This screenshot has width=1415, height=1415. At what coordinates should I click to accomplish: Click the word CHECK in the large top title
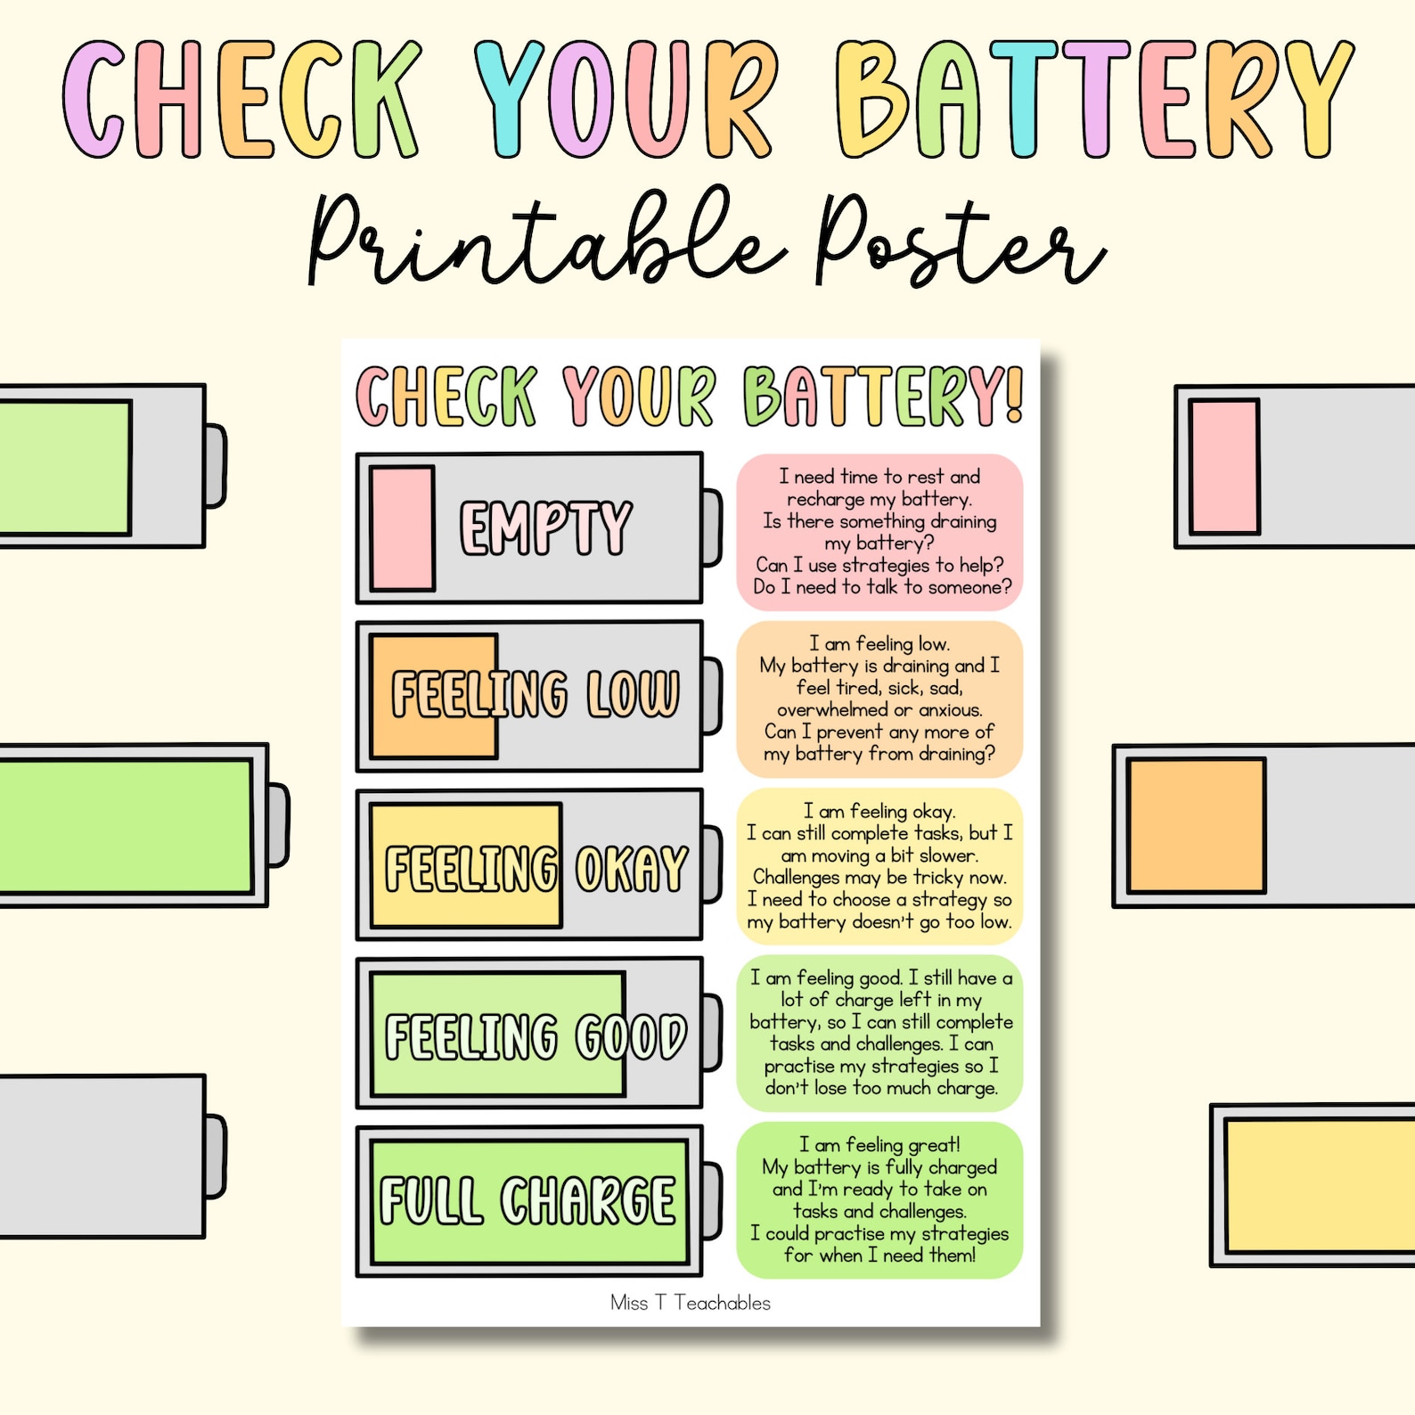point(241,100)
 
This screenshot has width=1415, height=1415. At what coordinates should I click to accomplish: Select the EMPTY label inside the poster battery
point(545,528)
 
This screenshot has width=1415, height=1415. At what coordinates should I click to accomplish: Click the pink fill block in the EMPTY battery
point(403,528)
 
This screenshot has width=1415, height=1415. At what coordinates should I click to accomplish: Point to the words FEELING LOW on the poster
point(535,694)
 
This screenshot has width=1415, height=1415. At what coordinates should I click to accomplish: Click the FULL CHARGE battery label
point(528,1201)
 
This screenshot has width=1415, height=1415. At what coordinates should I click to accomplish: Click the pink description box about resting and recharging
point(880,532)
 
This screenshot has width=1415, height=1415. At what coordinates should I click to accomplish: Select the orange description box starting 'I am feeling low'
point(880,699)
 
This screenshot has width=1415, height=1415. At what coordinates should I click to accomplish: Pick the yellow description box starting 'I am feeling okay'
point(880,866)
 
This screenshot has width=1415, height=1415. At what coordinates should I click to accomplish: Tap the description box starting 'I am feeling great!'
point(880,1199)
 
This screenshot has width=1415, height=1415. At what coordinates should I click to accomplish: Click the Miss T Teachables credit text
point(691,1303)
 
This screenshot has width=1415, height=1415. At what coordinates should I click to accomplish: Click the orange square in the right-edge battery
point(1196,825)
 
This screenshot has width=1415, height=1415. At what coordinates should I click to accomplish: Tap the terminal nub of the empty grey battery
point(216,1156)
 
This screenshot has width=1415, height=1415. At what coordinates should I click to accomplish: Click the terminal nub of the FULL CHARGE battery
point(712,1201)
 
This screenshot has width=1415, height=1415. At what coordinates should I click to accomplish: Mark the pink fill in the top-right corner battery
point(1224,467)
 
